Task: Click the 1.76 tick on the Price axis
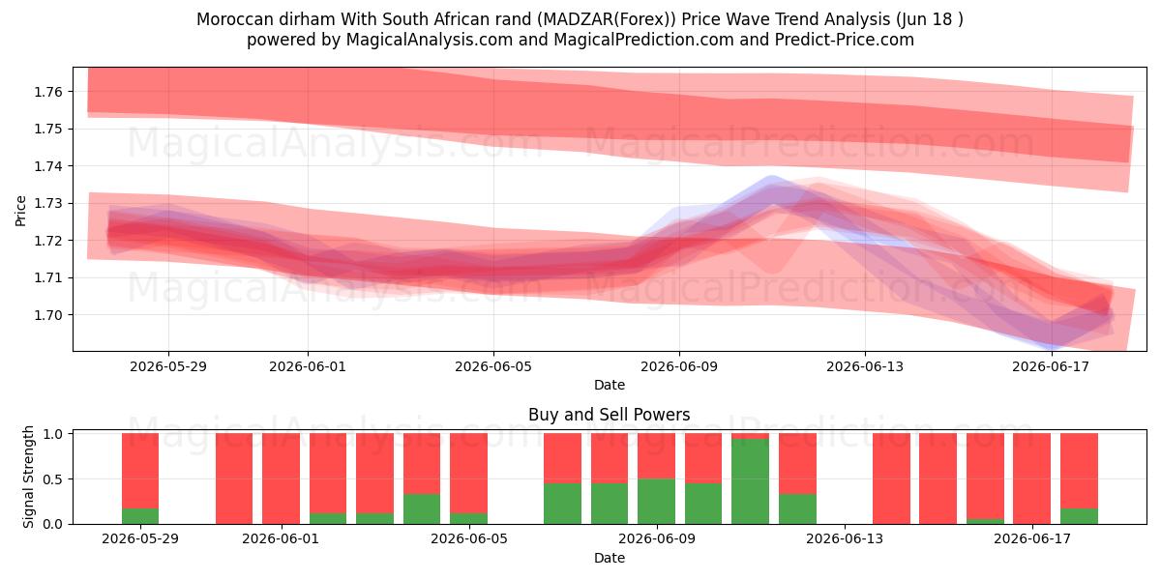pyautogui.click(x=47, y=92)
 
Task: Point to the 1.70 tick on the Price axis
pyautogui.click(x=47, y=315)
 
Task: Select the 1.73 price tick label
pyautogui.click(x=47, y=204)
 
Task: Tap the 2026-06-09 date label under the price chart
pyautogui.click(x=679, y=366)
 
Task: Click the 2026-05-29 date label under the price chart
pyautogui.click(x=168, y=366)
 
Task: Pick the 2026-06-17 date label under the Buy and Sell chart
pyautogui.click(x=1032, y=539)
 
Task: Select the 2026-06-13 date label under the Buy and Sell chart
pyautogui.click(x=845, y=539)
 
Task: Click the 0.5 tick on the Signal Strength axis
pyautogui.click(x=53, y=479)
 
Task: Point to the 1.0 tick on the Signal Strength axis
pyautogui.click(x=53, y=434)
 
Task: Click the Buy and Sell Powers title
pyautogui.click(x=609, y=415)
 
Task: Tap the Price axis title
pyautogui.click(x=20, y=211)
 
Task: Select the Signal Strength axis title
pyautogui.click(x=28, y=477)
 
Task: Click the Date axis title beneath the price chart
pyautogui.click(x=609, y=385)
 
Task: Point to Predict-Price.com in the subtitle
pyautogui.click(x=845, y=40)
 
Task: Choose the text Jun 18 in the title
pyautogui.click(x=925, y=19)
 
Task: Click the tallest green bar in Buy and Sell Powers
pyautogui.click(x=750, y=481)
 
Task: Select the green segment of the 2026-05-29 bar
pyautogui.click(x=140, y=516)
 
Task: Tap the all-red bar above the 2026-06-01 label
pyautogui.click(x=281, y=478)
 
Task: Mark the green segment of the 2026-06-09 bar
pyautogui.click(x=656, y=502)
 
